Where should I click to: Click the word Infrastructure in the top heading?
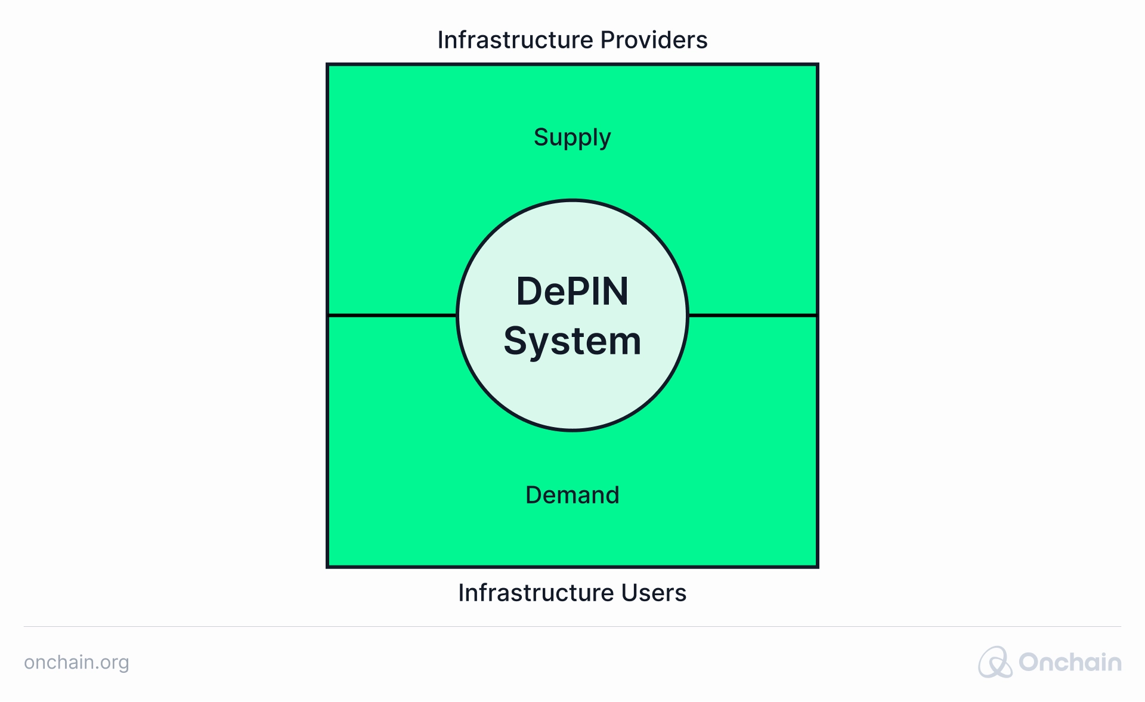point(515,40)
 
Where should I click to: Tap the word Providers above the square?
point(654,40)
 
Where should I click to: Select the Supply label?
point(572,138)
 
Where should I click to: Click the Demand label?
point(572,495)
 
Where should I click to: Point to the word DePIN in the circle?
point(572,291)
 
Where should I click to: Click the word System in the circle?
point(572,342)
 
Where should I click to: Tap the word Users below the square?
point(654,593)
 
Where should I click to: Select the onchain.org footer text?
point(76,663)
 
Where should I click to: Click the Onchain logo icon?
point(995,662)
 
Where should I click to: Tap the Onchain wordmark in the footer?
point(1070,662)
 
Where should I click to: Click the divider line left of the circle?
point(392,315)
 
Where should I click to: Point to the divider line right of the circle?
point(753,315)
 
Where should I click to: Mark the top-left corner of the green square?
point(327,64)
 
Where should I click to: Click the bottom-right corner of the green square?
point(818,567)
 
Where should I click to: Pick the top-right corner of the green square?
point(818,64)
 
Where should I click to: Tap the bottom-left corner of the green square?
point(327,567)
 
